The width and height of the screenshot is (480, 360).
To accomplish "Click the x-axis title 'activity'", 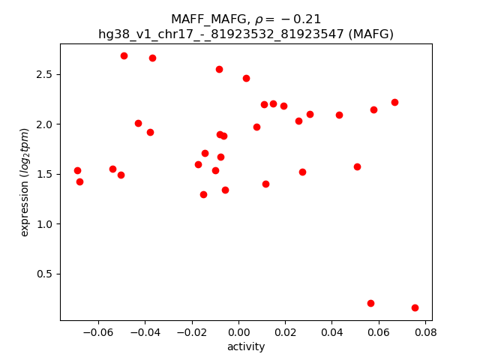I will click(246, 346).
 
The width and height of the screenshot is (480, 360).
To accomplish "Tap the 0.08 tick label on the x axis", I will click(425, 331).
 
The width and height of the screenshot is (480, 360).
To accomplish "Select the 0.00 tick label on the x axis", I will click(238, 331).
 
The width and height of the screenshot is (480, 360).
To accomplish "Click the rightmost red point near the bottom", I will click(415, 307).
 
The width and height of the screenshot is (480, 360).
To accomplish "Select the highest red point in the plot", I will click(124, 55).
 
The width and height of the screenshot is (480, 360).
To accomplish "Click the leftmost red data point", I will click(77, 170).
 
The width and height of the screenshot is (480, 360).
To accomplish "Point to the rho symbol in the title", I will click(260, 19).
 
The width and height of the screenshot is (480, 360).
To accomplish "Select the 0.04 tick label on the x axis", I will click(331, 331).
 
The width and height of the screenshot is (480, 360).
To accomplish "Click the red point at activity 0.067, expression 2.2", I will click(394, 102).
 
